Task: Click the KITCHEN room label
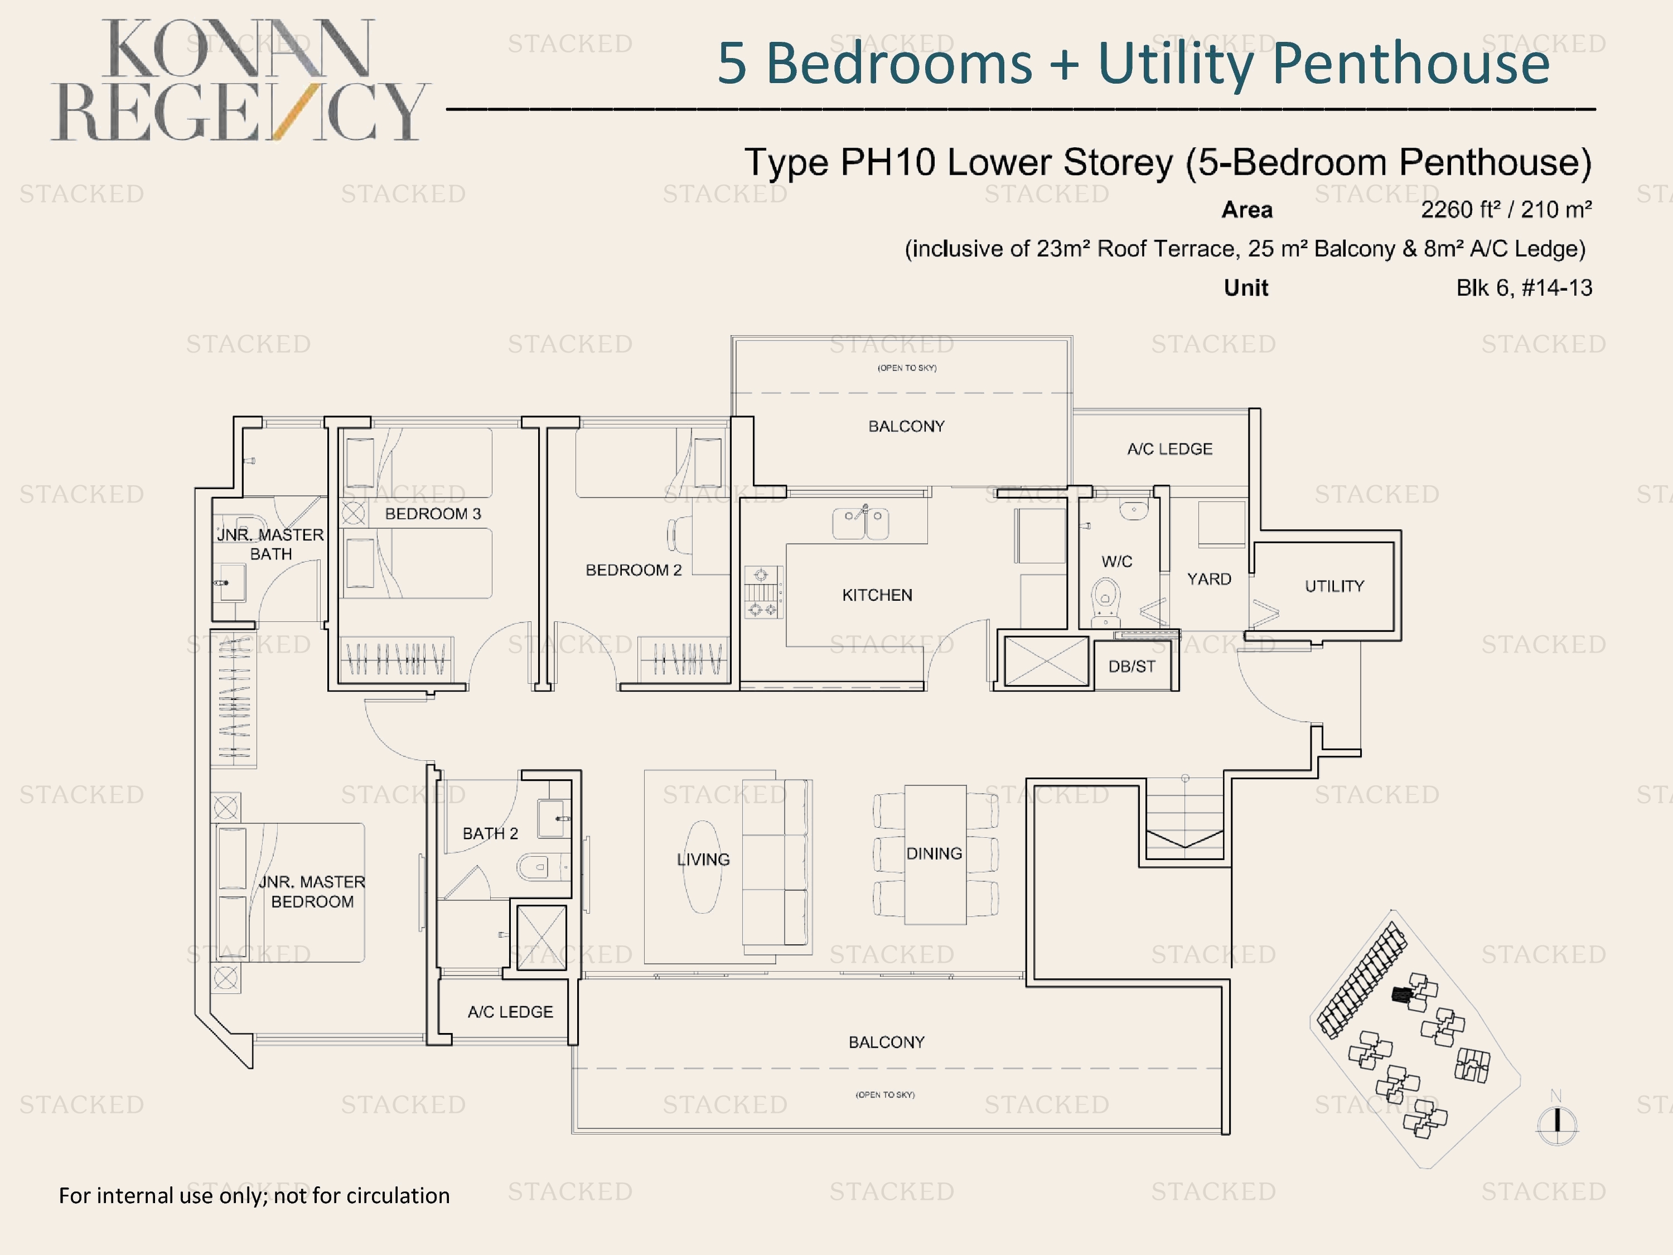point(877,595)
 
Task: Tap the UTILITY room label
point(1334,586)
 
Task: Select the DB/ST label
point(1132,667)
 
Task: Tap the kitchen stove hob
point(762,592)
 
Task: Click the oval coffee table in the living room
point(703,867)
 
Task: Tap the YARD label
point(1208,580)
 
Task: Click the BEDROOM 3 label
point(433,514)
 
